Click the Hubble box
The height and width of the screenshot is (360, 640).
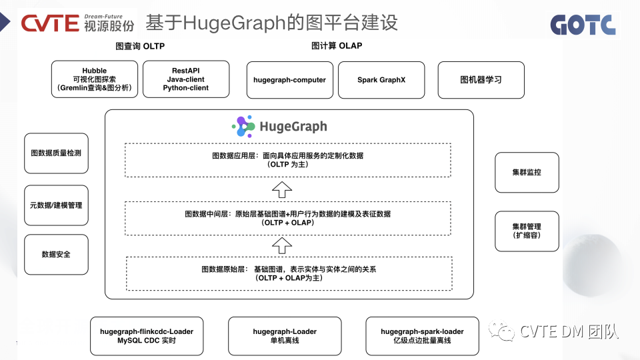pos(95,79)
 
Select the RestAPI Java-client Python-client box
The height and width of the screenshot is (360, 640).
pos(186,79)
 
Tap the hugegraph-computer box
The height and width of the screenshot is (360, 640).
pos(289,80)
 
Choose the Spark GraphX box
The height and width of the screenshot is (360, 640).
pos(381,80)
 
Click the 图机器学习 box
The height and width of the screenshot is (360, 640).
pos(481,80)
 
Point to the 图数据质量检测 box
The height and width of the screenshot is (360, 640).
pos(56,153)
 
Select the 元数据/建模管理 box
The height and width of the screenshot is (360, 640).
pos(56,205)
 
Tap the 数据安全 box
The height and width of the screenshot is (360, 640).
pos(56,254)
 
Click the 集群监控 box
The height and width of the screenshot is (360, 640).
pos(527,172)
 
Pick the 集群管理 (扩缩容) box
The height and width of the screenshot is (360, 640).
pos(527,231)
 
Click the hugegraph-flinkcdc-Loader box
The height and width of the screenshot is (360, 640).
pos(147,336)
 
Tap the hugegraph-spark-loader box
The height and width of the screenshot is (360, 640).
pos(422,336)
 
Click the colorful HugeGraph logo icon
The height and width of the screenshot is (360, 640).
pos(243,126)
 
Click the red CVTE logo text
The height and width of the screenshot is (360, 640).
pos(50,24)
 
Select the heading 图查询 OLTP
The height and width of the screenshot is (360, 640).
pos(140,46)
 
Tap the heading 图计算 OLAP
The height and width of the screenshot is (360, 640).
pos(337,46)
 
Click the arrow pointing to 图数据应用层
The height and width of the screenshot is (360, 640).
pos(283,189)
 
